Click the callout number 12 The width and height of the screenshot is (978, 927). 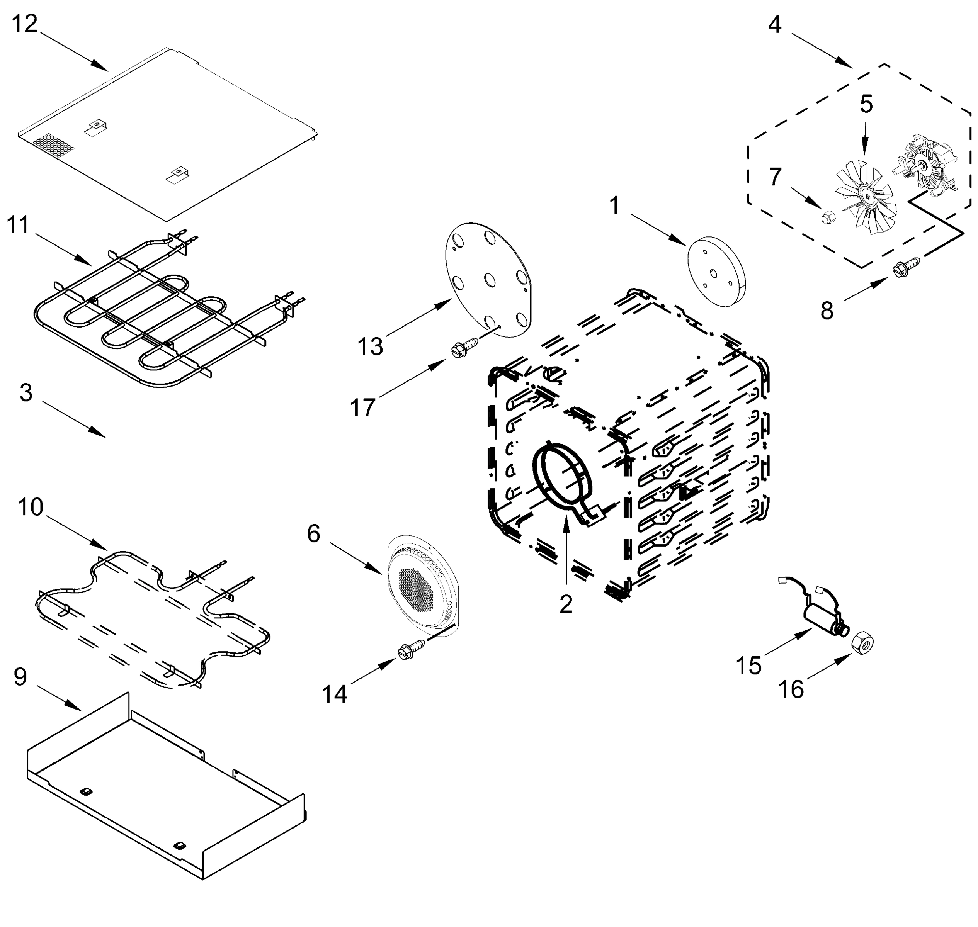pyautogui.click(x=25, y=24)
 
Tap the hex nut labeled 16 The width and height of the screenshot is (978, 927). pyautogui.click(x=863, y=643)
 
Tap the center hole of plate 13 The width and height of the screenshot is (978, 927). pyautogui.click(x=490, y=280)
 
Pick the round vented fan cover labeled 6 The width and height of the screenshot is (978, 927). pyautogui.click(x=423, y=586)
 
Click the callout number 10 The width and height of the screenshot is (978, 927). pyautogui.click(x=31, y=507)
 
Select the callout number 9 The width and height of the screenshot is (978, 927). pyautogui.click(x=20, y=676)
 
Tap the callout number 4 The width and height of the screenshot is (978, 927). pyautogui.click(x=775, y=24)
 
